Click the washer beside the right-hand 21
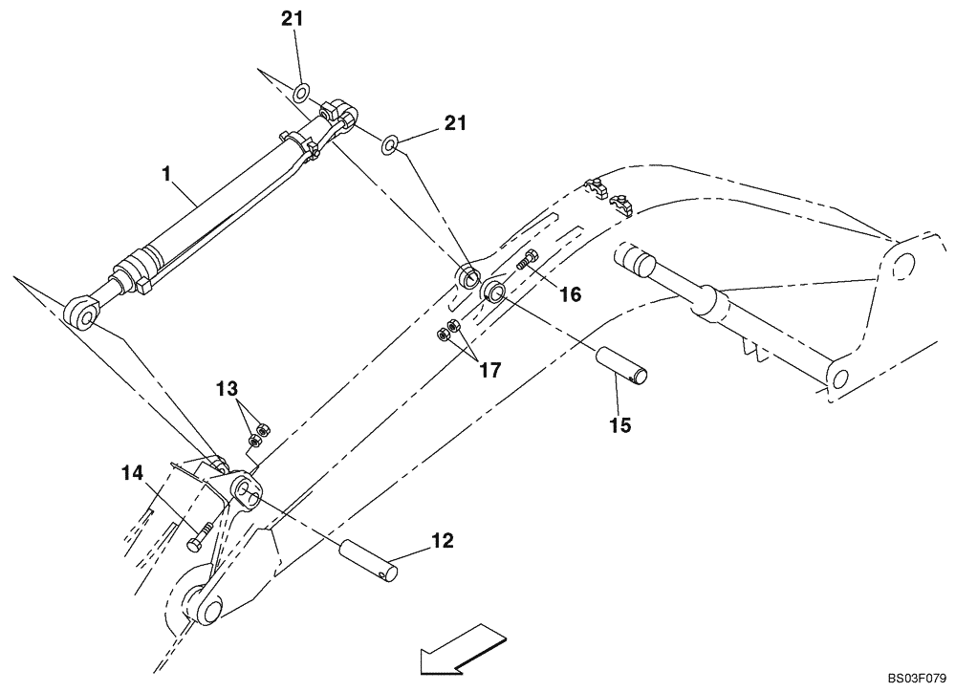(x=391, y=145)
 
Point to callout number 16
(x=570, y=295)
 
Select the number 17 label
(x=490, y=370)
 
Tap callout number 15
(x=619, y=424)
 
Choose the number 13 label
(x=228, y=390)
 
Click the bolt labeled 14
(x=196, y=541)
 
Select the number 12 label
(x=441, y=541)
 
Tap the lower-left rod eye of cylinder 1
(x=81, y=312)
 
